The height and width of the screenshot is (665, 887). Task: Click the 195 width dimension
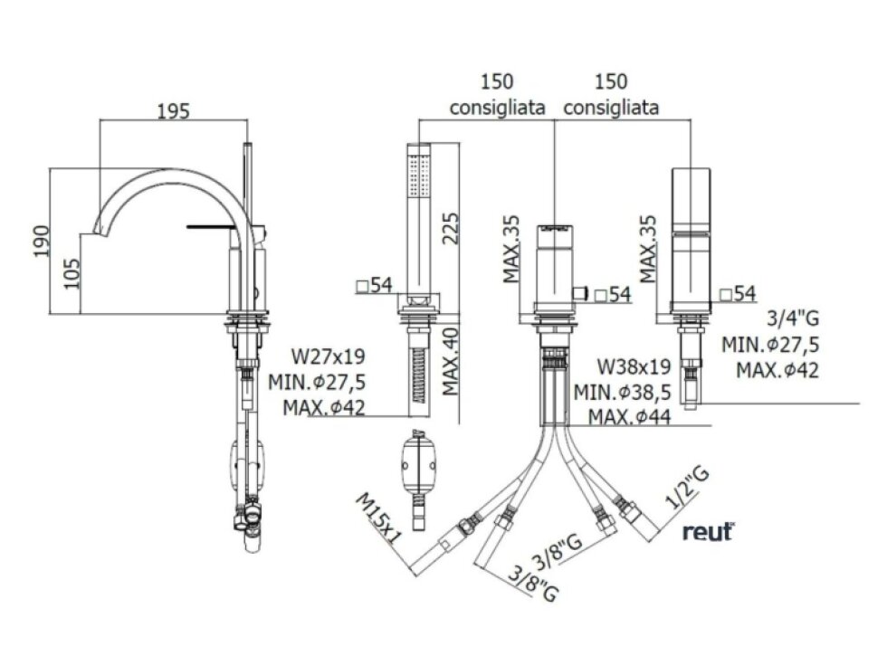point(173,110)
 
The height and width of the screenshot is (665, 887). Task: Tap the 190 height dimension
point(41,241)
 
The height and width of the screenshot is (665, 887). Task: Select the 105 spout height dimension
point(72,273)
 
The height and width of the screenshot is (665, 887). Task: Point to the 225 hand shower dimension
point(451,228)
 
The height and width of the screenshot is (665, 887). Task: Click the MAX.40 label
point(451,362)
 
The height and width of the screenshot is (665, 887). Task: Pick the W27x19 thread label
point(328,356)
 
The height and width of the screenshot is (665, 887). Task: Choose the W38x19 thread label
point(634,366)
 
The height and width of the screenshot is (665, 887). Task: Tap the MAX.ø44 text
point(630,417)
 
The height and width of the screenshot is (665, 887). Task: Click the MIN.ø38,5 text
point(623,391)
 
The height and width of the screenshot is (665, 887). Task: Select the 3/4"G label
point(793,318)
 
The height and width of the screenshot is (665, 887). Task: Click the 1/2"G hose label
point(687,489)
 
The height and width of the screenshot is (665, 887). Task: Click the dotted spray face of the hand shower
point(419,176)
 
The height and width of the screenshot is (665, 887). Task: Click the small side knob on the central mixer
point(580,293)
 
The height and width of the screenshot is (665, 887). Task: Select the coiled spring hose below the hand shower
point(419,375)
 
